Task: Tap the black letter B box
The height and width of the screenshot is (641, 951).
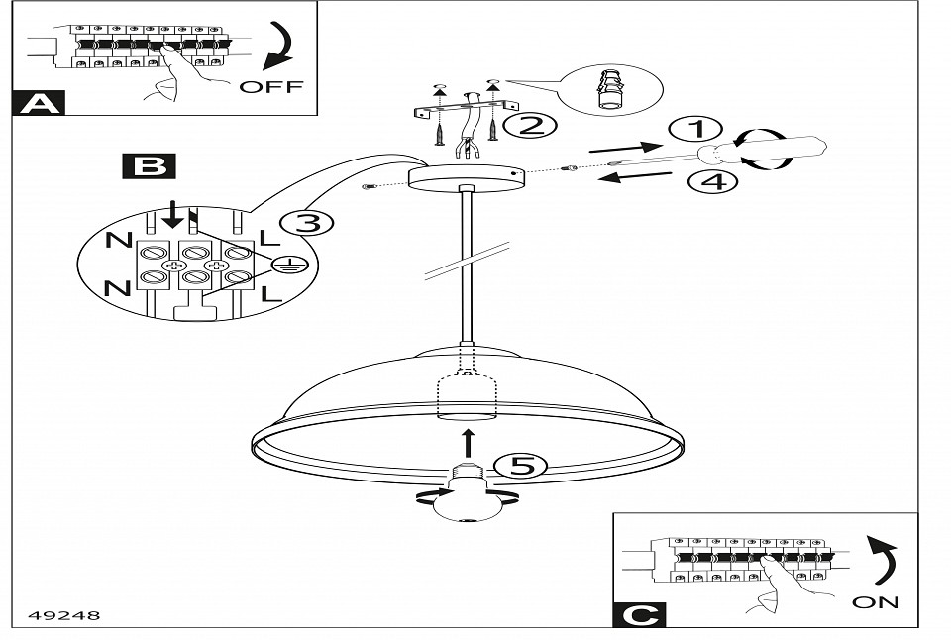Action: pos(149,164)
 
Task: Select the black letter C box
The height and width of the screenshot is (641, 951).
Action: pos(639,614)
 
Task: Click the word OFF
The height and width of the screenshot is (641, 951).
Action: pos(271,86)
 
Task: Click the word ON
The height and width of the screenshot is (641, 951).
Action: pos(876,601)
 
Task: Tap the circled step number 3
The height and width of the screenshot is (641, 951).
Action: pos(308,223)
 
